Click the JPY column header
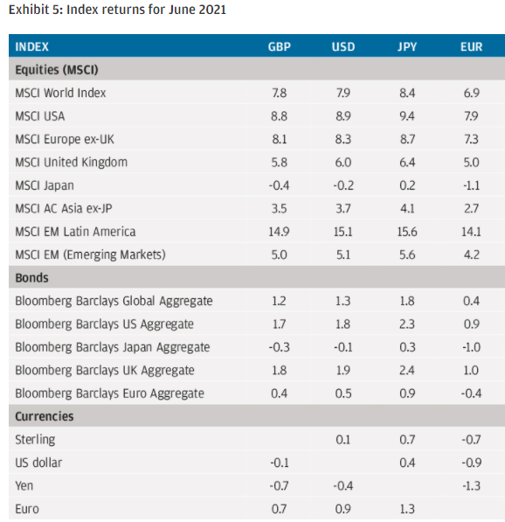(x=407, y=46)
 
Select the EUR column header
(x=472, y=46)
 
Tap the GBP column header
(x=279, y=46)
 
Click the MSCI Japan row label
(x=45, y=185)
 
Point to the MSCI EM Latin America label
(x=75, y=232)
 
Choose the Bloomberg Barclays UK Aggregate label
(x=105, y=370)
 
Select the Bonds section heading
(x=32, y=278)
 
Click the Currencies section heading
(x=45, y=416)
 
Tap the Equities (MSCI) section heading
(x=57, y=70)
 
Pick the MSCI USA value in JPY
(x=407, y=116)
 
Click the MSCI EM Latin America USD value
(x=343, y=232)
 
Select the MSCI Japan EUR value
(x=472, y=185)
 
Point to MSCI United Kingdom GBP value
(x=279, y=163)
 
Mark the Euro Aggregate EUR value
(x=472, y=393)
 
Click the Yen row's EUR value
(x=472, y=486)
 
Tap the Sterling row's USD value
(x=343, y=440)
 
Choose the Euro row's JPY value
(x=407, y=509)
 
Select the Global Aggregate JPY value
(x=407, y=301)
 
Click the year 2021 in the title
(x=212, y=10)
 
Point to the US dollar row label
(x=38, y=463)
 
